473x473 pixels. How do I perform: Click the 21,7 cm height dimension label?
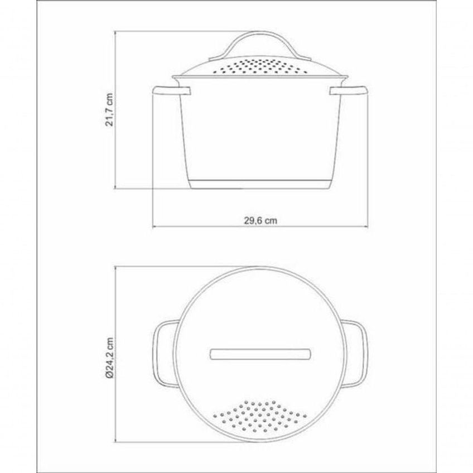[109, 109]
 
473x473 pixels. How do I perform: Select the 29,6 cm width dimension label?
[260, 220]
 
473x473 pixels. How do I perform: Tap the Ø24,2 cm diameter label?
[109, 358]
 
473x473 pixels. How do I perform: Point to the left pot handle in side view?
[172, 91]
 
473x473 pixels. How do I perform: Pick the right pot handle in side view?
[349, 91]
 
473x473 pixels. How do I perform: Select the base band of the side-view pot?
[260, 184]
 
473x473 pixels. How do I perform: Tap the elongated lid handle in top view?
[260, 354]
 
